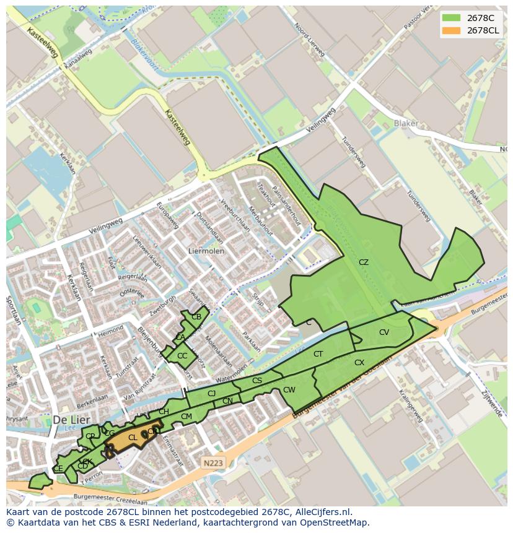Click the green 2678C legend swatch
[451, 17]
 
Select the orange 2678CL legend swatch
[451, 30]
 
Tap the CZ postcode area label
[364, 262]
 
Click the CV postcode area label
[384, 332]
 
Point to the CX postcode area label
[359, 363]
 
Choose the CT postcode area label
[318, 354]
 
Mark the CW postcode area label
[289, 390]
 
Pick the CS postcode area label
[257, 381]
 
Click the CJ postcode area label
[211, 394]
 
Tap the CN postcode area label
[227, 402]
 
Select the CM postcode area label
[186, 417]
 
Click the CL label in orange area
[133, 438]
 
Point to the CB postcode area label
[196, 317]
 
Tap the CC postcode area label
[182, 356]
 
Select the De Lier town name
[68, 419]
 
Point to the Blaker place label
[406, 123]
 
